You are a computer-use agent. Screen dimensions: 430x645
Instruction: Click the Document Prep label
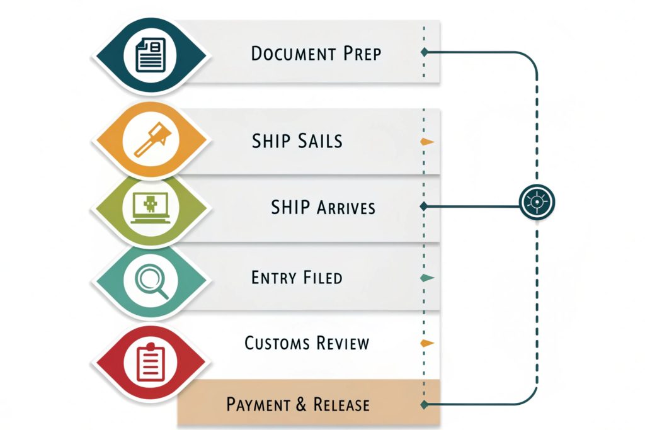click(x=316, y=53)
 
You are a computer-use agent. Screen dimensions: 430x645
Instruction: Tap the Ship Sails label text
click(x=297, y=140)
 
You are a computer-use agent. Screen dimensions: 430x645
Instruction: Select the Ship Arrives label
click(x=322, y=207)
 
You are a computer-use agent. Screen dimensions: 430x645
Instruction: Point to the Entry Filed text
click(x=297, y=277)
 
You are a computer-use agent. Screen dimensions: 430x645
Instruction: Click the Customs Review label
click(x=307, y=343)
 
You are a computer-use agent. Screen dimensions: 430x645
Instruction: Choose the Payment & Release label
click(x=298, y=404)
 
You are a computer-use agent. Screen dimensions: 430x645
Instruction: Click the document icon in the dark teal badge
click(x=151, y=54)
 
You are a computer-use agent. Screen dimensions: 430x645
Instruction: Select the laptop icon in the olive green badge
click(x=151, y=208)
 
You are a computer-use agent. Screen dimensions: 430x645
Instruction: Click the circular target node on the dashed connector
click(x=537, y=202)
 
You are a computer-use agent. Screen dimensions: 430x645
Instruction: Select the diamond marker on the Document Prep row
click(x=425, y=52)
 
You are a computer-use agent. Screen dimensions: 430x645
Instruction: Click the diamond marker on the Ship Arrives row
click(x=423, y=206)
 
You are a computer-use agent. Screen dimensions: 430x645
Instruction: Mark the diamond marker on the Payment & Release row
click(x=425, y=403)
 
